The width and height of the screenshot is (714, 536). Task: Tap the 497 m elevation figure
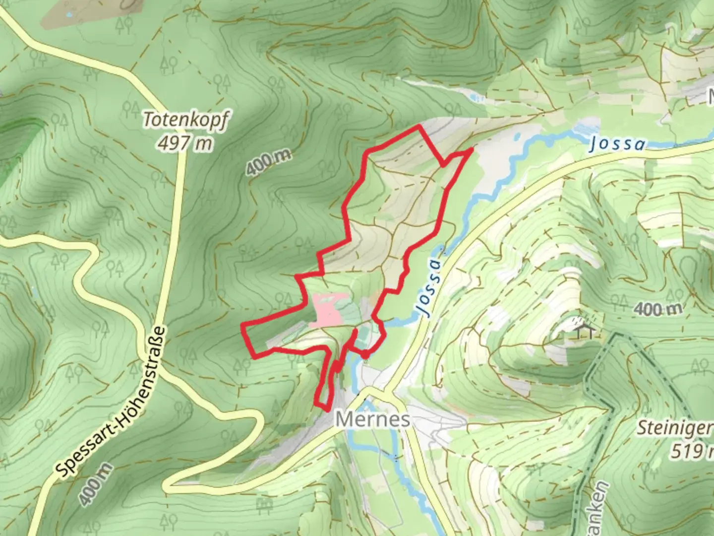pos(184,143)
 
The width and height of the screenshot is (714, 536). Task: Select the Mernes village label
pos(372,419)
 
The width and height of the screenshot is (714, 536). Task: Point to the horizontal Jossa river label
pos(618,144)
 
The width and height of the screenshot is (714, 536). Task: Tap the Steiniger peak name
pos(674,428)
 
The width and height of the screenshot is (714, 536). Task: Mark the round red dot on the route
pos(364,354)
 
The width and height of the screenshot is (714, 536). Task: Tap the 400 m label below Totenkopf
pos(268,163)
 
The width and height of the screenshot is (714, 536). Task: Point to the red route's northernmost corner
pos(419,127)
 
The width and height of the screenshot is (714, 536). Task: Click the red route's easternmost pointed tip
pos(471,149)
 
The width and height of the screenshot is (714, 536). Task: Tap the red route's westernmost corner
pos(242,326)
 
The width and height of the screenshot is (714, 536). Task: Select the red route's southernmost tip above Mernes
pos(327,408)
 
